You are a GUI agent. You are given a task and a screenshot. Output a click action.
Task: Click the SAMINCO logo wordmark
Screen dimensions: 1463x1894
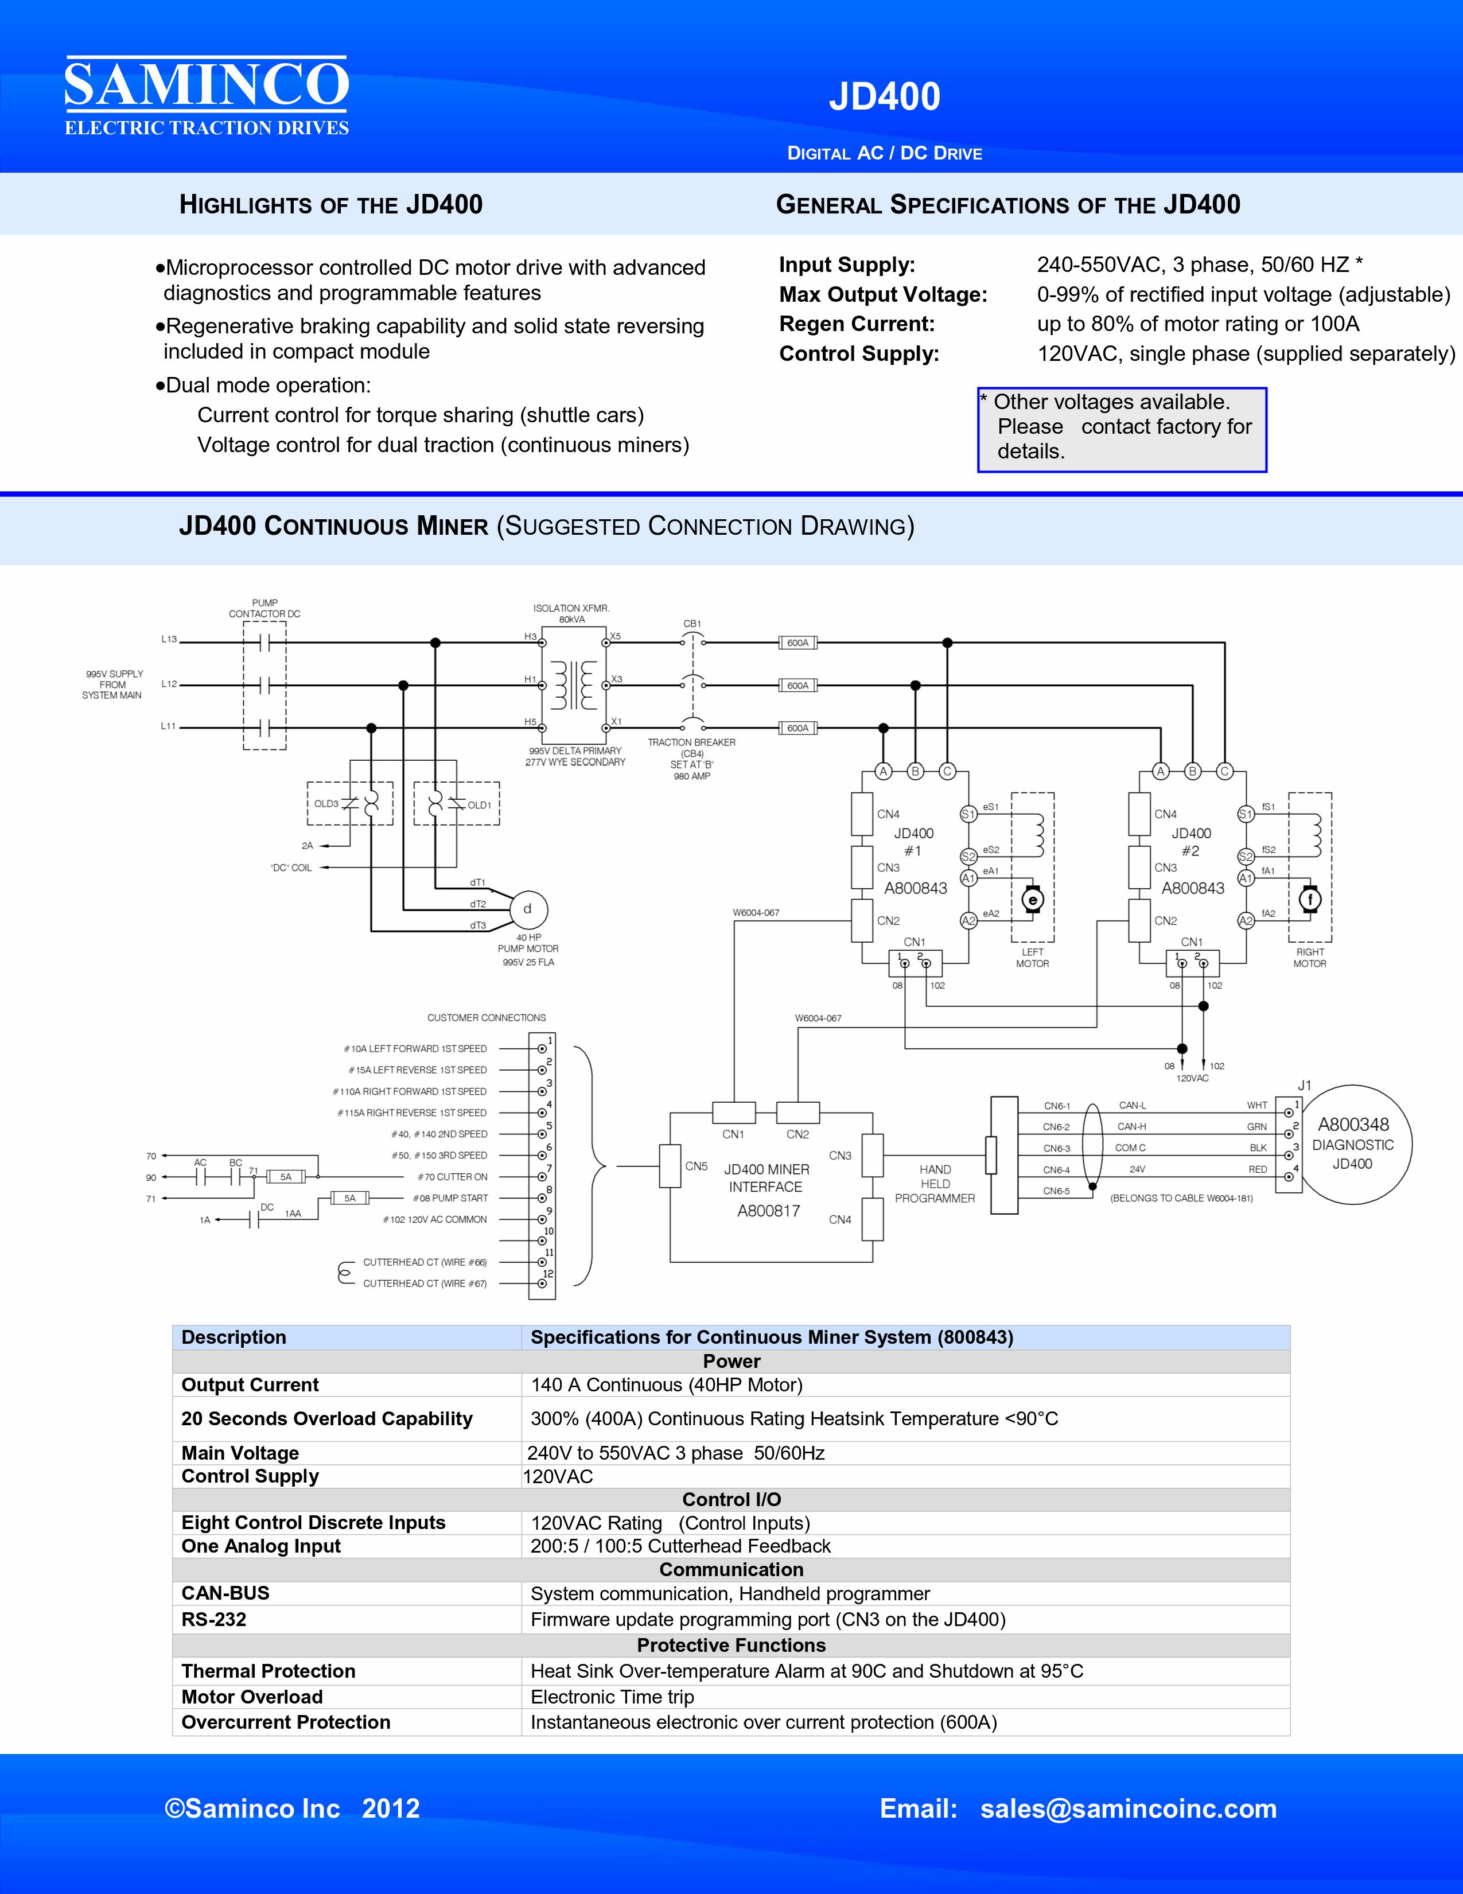(207, 84)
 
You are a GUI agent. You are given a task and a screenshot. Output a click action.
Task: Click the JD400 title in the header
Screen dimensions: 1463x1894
(885, 96)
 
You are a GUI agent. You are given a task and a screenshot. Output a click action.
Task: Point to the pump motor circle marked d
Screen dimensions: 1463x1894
(527, 909)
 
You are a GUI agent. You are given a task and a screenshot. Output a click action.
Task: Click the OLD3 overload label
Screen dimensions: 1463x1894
(326, 804)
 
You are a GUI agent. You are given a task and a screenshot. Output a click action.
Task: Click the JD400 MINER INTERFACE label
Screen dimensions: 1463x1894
(766, 1178)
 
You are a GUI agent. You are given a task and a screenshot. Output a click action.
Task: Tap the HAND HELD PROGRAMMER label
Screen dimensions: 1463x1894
(935, 1184)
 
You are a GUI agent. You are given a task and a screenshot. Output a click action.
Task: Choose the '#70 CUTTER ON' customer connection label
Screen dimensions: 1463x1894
(453, 1177)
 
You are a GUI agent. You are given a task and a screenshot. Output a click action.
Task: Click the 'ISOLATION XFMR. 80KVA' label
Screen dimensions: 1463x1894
(571, 614)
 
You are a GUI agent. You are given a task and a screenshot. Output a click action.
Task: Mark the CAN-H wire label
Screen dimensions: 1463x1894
(1132, 1126)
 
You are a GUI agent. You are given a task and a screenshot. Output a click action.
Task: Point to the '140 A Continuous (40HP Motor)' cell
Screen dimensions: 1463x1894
(667, 1385)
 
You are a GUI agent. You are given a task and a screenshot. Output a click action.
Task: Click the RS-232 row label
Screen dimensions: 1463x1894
(213, 1619)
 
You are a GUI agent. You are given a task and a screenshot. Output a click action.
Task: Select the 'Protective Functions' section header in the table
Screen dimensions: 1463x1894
(731, 1645)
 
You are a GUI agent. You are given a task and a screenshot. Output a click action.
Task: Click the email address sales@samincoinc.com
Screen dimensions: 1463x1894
(1129, 1808)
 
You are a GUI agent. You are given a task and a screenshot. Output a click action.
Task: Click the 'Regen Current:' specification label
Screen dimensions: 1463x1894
(857, 324)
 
